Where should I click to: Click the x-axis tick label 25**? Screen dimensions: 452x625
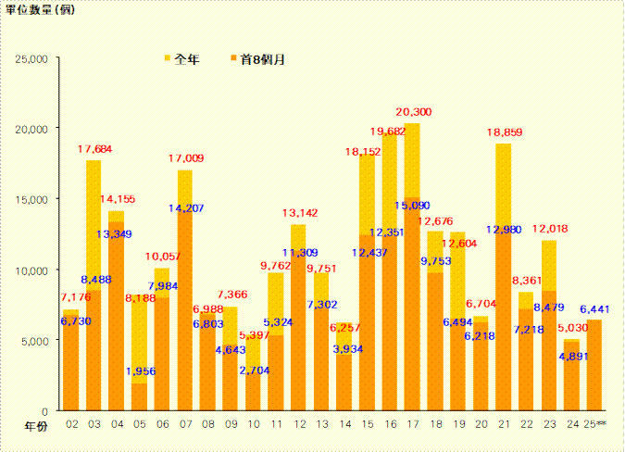coord(594,424)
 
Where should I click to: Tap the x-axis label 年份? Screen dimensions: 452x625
coord(34,424)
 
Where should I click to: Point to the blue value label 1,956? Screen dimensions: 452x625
coord(140,371)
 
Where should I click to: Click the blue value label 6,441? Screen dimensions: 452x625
coord(594,308)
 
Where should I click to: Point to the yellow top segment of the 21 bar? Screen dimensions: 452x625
coord(504,185)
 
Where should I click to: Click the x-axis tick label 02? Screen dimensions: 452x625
coord(71,424)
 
